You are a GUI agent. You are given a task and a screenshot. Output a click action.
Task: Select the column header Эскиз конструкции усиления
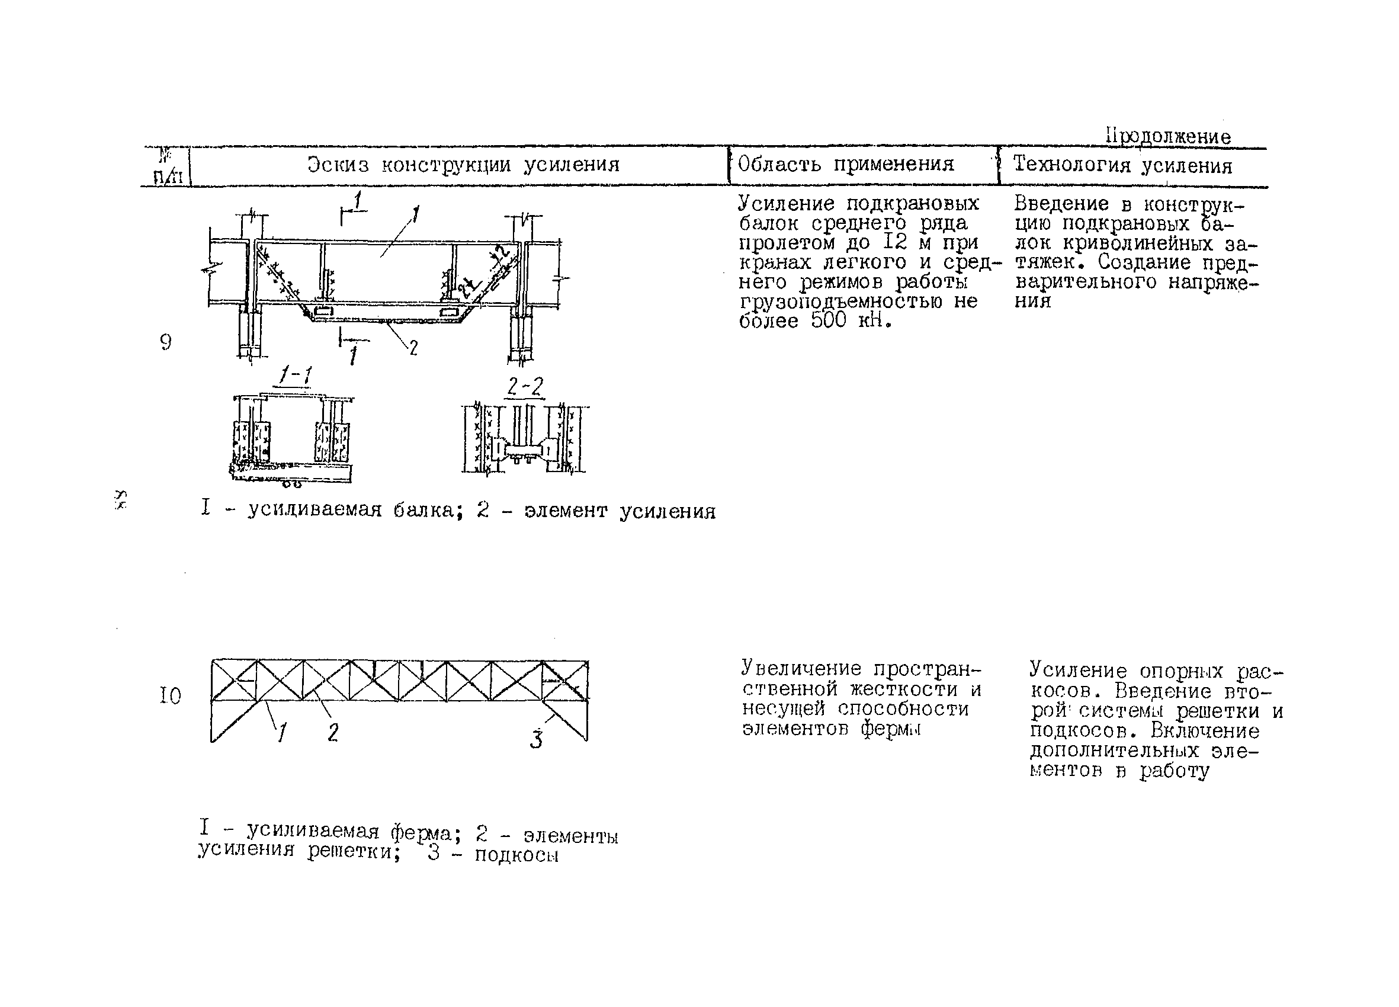463,165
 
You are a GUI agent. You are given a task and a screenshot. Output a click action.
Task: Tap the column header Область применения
845,164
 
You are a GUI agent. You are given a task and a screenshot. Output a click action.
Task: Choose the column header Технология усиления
1122,165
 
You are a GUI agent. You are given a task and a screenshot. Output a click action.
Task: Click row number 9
166,342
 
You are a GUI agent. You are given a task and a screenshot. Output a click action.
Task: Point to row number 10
170,696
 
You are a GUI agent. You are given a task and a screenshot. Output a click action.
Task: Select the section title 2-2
525,387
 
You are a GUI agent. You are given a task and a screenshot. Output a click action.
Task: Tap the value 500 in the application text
828,321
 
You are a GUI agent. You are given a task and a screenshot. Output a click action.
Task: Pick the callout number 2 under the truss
333,732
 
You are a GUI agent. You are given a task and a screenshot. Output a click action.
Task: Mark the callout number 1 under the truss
282,732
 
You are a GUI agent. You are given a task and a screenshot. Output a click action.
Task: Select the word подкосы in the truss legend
516,855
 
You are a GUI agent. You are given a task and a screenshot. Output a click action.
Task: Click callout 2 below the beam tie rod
413,349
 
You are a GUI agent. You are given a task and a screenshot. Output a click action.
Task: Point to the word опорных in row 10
1181,671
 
